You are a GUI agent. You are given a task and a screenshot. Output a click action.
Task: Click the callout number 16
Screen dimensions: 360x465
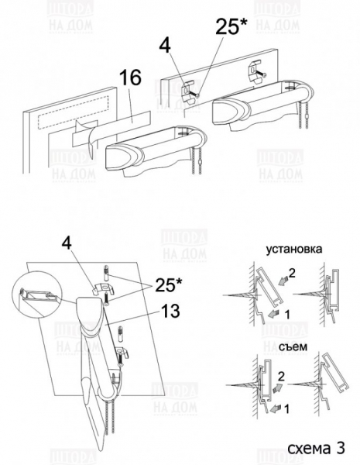[130, 78]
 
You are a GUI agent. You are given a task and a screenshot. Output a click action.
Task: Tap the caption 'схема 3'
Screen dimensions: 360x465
[316, 448]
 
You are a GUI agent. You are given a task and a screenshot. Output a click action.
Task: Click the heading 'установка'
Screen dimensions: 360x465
[293, 249]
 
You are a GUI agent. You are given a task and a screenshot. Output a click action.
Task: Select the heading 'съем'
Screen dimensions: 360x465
[293, 346]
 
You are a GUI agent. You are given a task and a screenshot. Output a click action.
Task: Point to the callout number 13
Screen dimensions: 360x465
[170, 311]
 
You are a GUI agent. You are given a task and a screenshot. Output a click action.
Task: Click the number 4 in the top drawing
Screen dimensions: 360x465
[165, 46]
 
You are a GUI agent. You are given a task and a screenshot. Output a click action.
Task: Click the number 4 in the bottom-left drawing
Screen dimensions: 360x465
[67, 243]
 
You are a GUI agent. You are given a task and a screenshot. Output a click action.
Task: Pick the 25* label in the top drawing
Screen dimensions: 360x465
[231, 26]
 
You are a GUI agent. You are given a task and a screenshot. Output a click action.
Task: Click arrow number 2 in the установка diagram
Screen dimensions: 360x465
[283, 280]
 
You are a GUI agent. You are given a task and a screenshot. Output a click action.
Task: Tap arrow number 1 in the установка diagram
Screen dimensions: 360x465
[274, 313]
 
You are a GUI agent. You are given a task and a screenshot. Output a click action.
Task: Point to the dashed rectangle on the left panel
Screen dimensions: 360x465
[73, 112]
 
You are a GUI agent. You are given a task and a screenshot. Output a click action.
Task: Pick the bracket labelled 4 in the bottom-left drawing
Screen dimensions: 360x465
[104, 289]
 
